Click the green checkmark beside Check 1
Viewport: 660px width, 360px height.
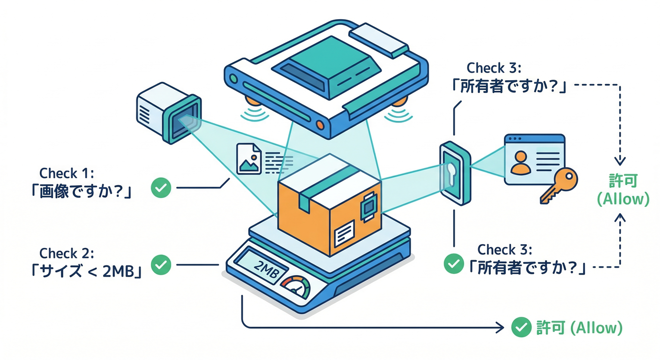[x=161, y=188]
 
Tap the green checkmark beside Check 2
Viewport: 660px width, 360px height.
[x=161, y=264]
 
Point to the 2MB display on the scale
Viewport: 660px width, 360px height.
[x=259, y=270]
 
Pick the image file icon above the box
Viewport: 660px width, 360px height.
[x=249, y=159]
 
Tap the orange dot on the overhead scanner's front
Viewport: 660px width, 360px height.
[x=320, y=125]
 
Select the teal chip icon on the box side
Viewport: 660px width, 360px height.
[x=367, y=206]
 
